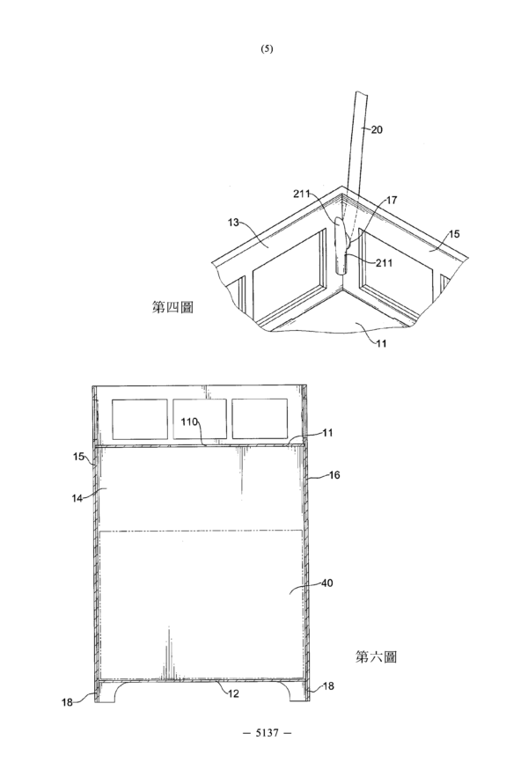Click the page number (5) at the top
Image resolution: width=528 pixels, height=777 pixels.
pos(267,48)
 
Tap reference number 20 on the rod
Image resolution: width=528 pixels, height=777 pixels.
pos(377,130)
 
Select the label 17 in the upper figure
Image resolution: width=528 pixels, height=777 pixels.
pos(392,201)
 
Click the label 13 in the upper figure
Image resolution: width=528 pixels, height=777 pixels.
pos(233,223)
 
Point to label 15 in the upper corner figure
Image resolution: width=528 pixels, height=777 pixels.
pos(454,234)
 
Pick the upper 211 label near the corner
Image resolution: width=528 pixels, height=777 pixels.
pos(302,194)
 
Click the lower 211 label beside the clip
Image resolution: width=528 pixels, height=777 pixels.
pos(384,262)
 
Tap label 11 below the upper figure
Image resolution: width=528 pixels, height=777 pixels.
pos(381,343)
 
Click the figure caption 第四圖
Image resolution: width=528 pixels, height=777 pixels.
pos(172,307)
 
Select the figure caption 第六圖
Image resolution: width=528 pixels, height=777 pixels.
pos(377,657)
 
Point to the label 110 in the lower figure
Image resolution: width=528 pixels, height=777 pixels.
pos(189,421)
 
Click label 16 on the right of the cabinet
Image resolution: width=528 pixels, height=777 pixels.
pos(334,474)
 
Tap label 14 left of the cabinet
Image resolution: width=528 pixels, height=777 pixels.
pos(77,498)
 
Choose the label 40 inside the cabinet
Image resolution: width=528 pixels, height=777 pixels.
pos(327,583)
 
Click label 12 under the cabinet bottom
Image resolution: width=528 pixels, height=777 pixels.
pos(233,693)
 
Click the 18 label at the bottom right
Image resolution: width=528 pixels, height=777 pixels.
pos(328,685)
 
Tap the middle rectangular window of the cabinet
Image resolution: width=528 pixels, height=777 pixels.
pos(200,419)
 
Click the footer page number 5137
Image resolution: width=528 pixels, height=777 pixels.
pos(267,732)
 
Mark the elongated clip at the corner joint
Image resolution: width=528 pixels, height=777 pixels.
pos(340,246)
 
